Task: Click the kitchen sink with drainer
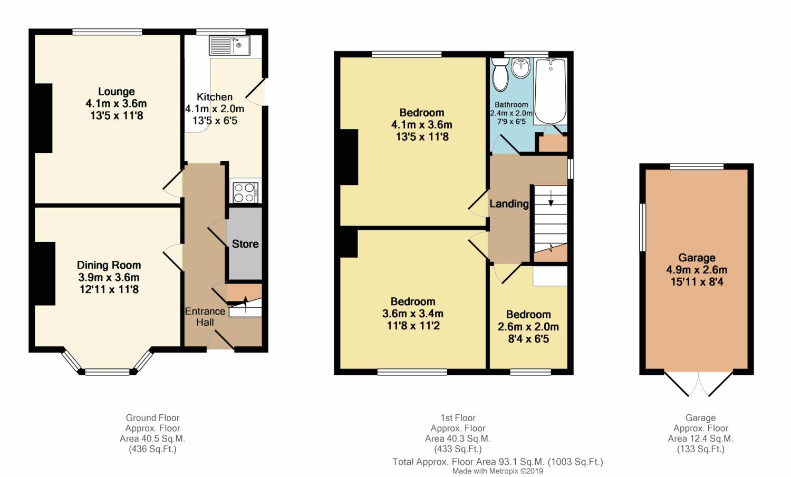(229, 45)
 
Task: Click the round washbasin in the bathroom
(520, 68)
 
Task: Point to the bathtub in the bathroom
(551, 91)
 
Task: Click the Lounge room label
(116, 91)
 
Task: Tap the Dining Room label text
(109, 265)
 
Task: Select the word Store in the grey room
(245, 244)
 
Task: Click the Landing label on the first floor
(509, 204)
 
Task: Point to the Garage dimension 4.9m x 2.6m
(697, 270)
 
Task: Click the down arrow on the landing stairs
(551, 198)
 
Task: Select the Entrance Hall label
(205, 317)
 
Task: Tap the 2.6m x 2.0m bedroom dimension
(528, 327)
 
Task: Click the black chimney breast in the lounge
(43, 118)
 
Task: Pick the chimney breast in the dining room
(45, 274)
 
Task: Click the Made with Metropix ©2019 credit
(498, 471)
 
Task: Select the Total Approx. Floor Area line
(498, 462)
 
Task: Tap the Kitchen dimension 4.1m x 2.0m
(215, 109)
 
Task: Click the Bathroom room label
(511, 105)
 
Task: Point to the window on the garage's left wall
(643, 227)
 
